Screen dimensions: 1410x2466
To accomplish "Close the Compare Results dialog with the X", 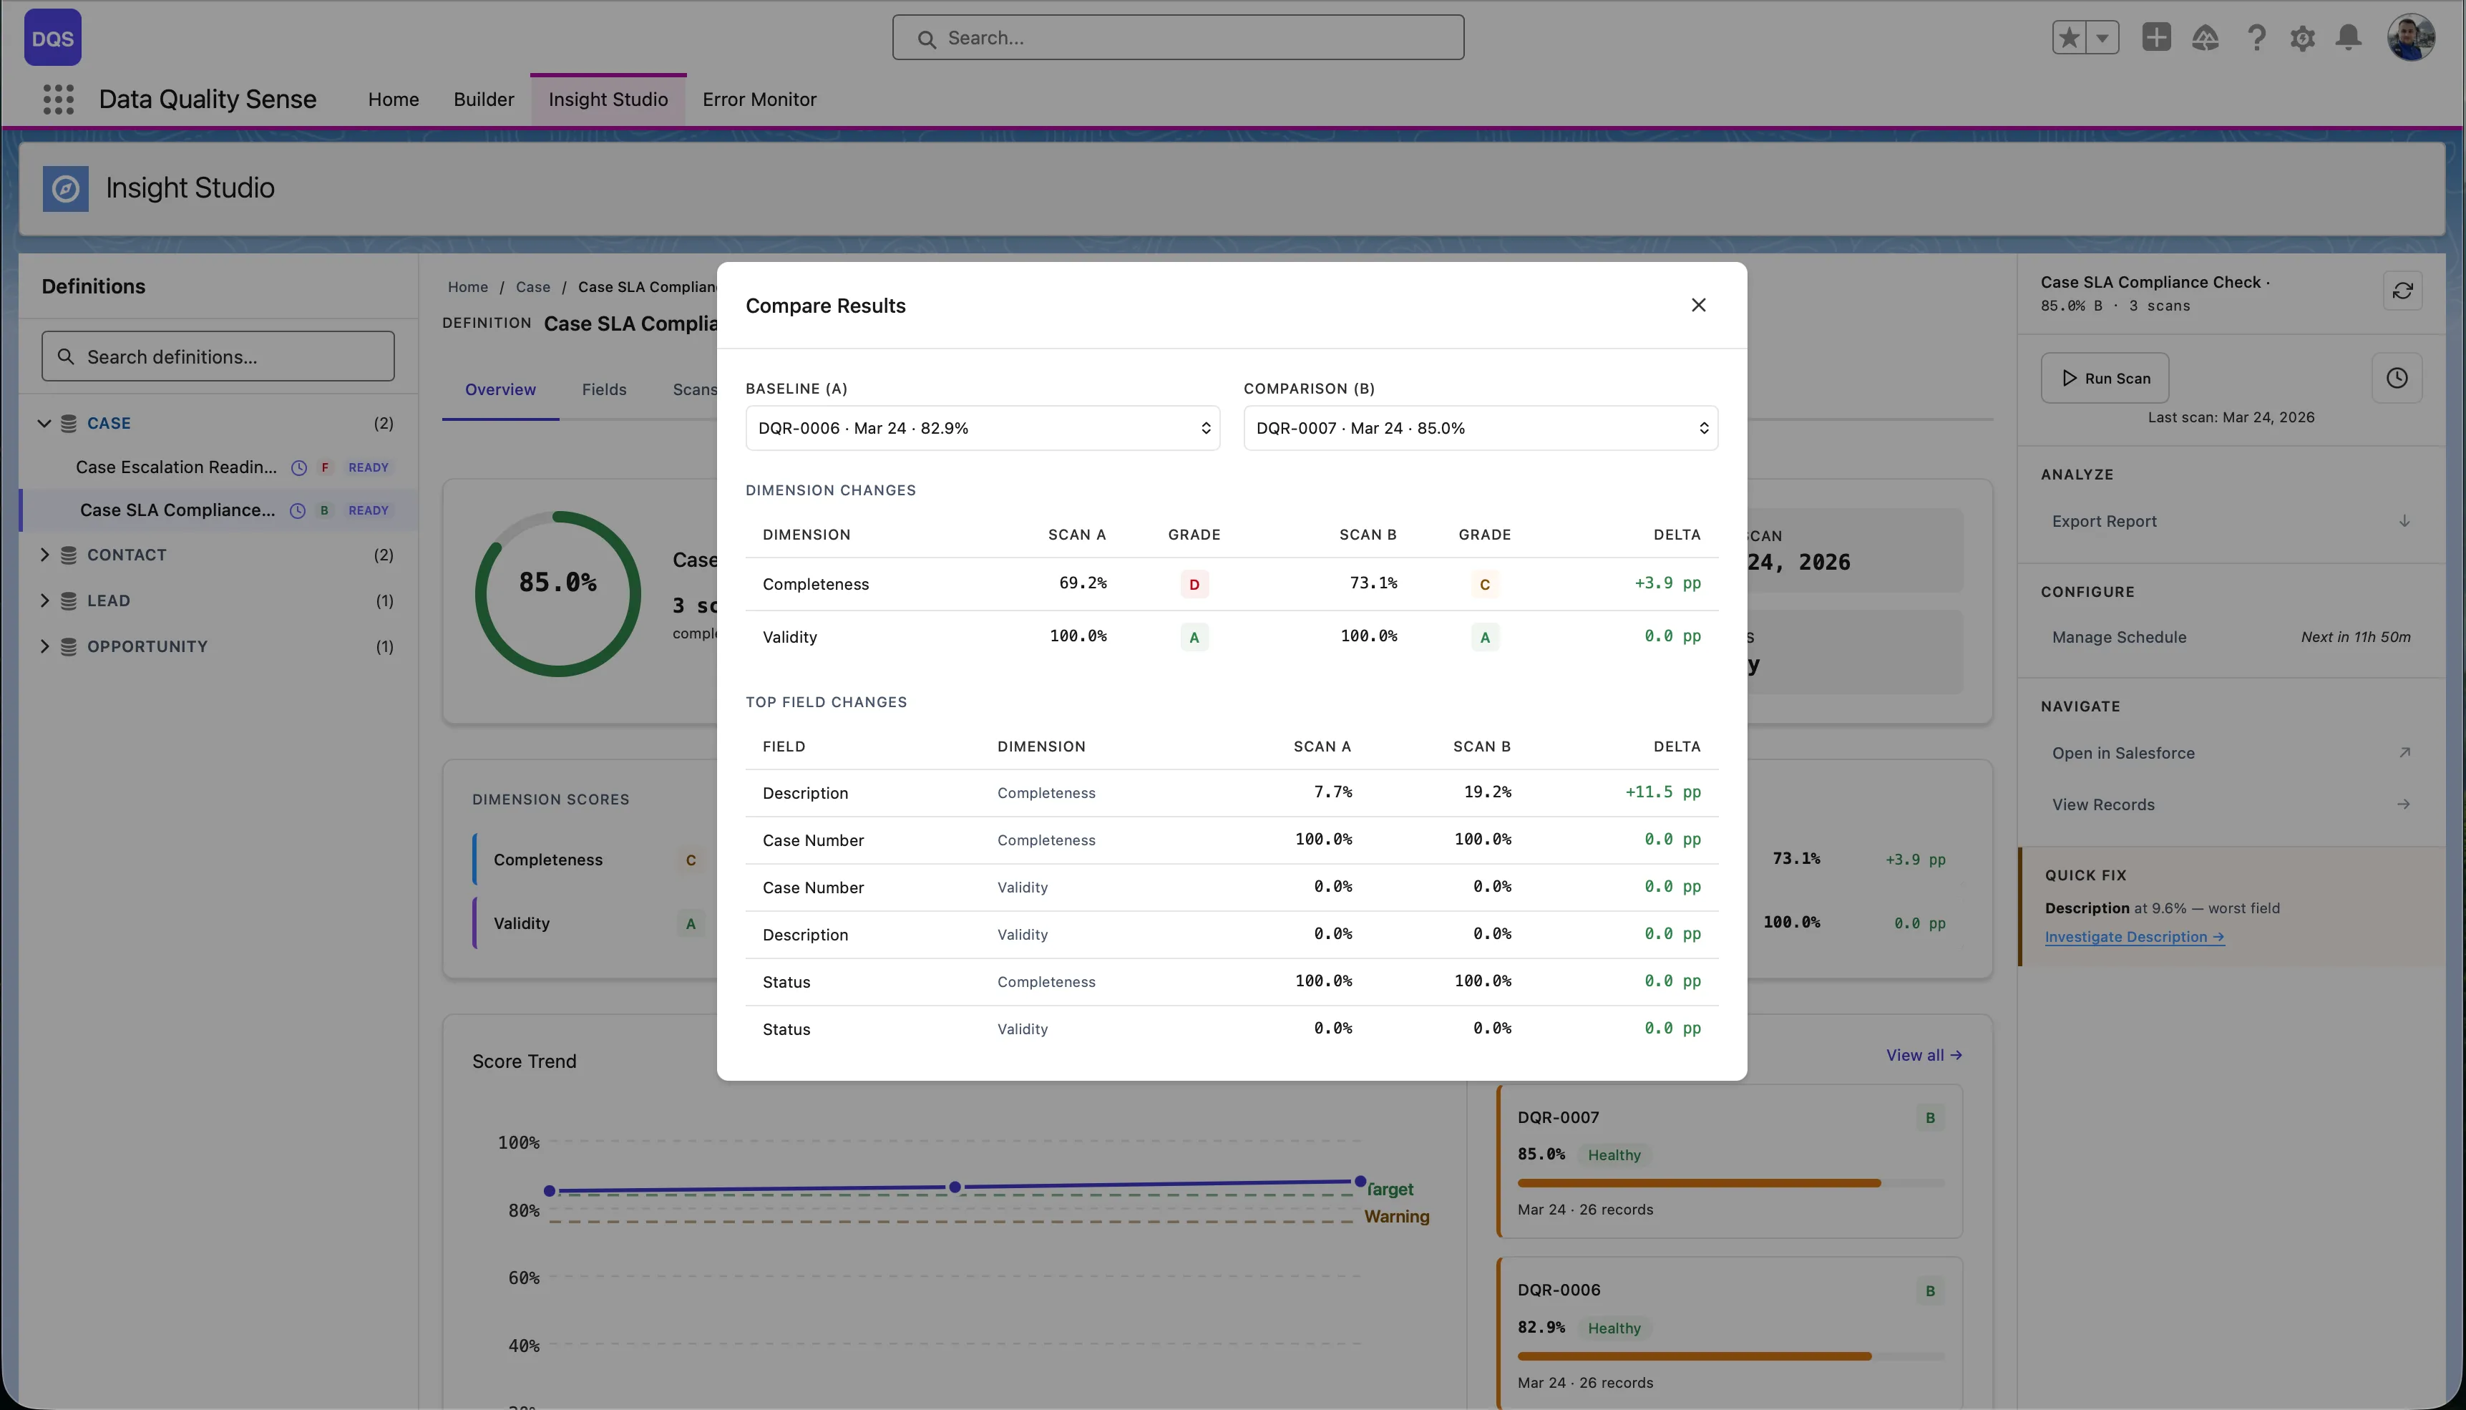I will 1697,305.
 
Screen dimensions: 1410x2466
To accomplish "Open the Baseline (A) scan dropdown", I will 982,428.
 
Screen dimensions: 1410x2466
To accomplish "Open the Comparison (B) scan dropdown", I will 1479,428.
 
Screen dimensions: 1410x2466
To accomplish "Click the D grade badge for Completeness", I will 1193,585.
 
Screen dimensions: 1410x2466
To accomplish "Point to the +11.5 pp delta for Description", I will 1662,792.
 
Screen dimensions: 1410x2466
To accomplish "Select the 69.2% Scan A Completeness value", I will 1081,583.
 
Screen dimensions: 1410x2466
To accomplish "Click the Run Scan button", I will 2104,379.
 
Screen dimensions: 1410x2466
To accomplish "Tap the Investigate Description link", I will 2133,938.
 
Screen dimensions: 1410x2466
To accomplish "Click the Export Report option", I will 2104,521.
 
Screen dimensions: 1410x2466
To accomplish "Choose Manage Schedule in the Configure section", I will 2118,637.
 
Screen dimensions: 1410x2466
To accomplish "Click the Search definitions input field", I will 218,357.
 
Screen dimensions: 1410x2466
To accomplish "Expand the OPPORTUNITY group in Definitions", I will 44,646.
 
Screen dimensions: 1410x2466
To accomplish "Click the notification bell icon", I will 2348,38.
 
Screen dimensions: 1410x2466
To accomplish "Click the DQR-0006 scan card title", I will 1558,1290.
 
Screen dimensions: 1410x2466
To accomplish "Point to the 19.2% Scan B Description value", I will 1486,792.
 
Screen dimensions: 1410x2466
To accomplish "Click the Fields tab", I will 603,389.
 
